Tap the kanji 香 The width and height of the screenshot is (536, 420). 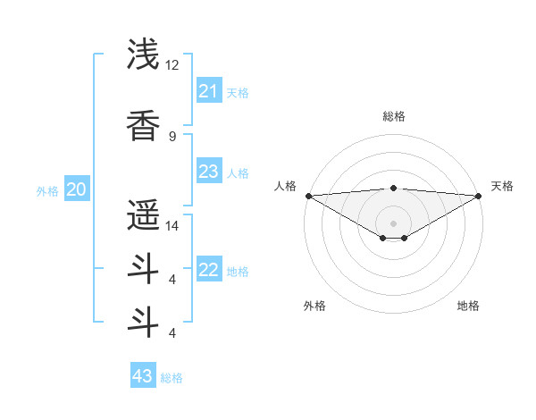click(x=143, y=126)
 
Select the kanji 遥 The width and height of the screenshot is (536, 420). click(x=143, y=214)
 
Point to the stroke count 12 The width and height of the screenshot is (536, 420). click(x=172, y=65)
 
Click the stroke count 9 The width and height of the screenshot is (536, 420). click(x=172, y=136)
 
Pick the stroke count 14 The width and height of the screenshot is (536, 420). click(x=172, y=226)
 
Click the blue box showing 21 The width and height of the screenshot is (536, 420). click(x=209, y=91)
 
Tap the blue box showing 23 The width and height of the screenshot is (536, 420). click(x=209, y=172)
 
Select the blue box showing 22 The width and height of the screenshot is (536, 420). click(x=209, y=270)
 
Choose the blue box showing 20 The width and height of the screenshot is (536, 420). click(x=77, y=189)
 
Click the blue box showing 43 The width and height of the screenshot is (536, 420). click(x=143, y=376)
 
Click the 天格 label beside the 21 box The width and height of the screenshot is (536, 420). click(x=238, y=92)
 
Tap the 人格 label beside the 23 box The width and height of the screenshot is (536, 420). click(x=238, y=172)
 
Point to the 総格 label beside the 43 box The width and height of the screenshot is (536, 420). click(x=172, y=377)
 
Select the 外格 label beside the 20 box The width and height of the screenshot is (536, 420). click(x=47, y=190)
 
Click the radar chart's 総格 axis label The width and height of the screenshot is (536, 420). click(x=393, y=116)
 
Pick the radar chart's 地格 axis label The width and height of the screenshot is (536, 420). click(x=468, y=306)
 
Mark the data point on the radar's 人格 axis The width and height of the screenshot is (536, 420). click(x=308, y=196)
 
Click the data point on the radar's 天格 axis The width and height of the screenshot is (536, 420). click(x=479, y=196)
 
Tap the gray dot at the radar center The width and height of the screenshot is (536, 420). click(x=393, y=223)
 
